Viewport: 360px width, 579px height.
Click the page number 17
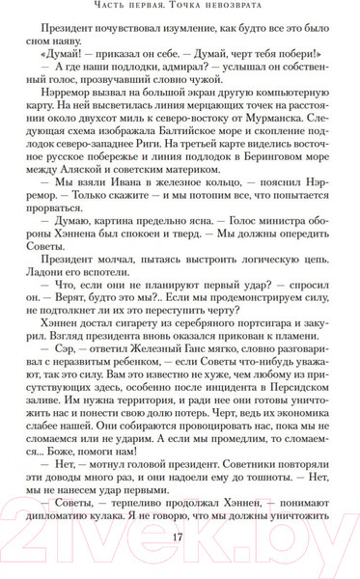pos(179,538)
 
